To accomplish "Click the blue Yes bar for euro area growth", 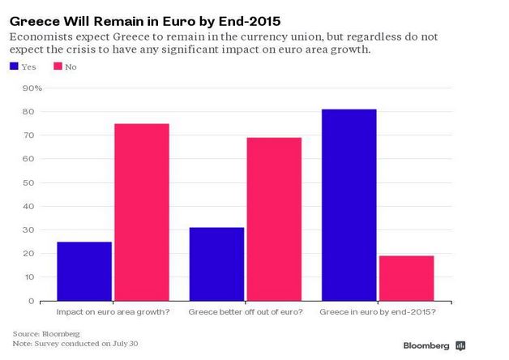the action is coord(84,272).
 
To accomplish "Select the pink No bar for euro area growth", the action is coord(142,212).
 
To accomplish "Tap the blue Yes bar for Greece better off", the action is coord(217,264).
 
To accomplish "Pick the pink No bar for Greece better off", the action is coord(274,220).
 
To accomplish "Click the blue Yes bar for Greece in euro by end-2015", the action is coord(349,205).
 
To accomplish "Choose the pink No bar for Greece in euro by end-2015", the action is coord(407,279).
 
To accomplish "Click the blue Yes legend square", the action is coord(14,66).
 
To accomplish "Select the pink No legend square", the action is coord(58,66).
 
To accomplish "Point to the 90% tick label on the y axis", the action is coord(32,88).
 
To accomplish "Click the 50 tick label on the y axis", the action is coord(28,182).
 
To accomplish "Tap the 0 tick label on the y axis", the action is coord(31,302).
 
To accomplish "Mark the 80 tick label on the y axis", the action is coord(28,112).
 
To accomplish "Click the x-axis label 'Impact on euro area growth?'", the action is coord(113,312).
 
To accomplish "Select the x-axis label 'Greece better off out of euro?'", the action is coord(246,312).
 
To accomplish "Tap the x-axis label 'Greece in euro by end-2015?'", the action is coord(378,312).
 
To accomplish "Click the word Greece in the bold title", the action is coord(35,21).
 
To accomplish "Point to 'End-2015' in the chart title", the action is coord(250,21).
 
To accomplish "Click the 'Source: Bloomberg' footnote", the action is coord(46,334).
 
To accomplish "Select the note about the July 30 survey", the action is coord(75,344).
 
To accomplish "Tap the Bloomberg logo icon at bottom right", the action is coord(460,346).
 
